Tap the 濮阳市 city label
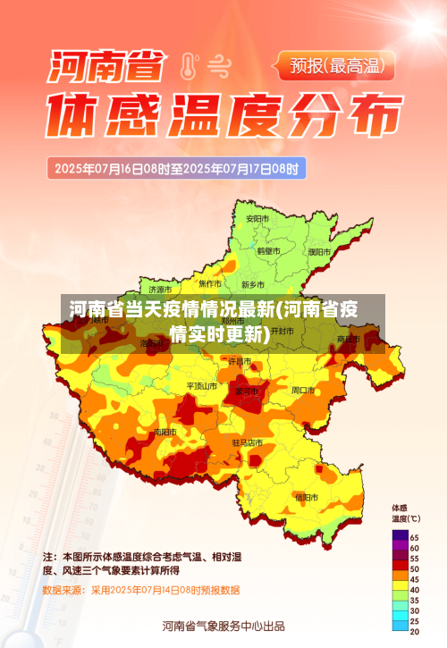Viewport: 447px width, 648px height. (319, 252)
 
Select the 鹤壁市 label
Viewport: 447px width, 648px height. (269, 251)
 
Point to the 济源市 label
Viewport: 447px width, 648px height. (162, 289)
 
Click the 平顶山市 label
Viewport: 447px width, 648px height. (201, 386)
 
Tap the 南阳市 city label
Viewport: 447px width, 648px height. (164, 432)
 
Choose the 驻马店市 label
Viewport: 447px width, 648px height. (248, 442)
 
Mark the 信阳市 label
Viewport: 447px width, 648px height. (306, 496)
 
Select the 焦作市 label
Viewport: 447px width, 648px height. (209, 282)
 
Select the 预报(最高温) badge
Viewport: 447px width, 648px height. (343, 64)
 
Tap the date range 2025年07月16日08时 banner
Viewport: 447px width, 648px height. (179, 167)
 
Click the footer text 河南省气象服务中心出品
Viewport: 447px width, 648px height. (223, 625)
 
